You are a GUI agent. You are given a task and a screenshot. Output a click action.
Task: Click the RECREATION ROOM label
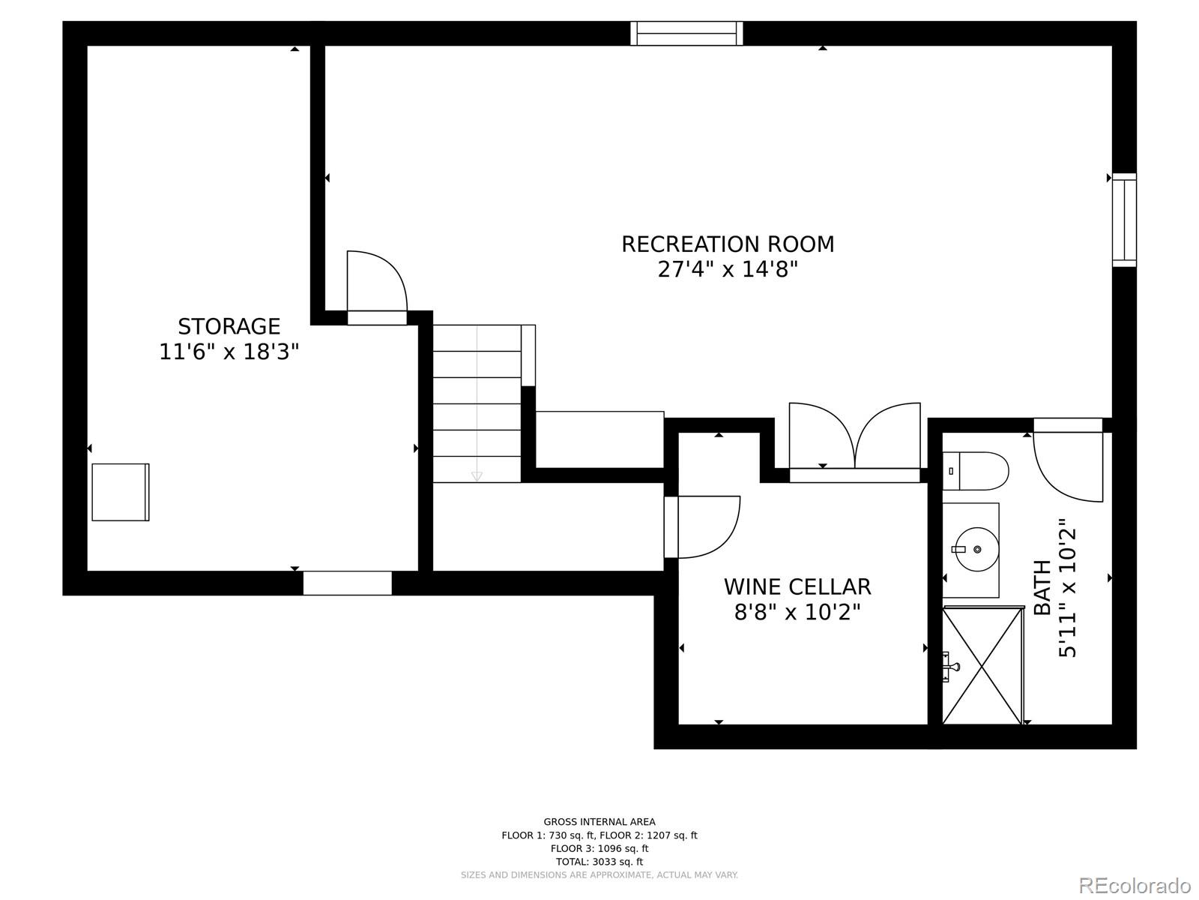(727, 244)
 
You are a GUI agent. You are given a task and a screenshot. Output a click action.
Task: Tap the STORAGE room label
(229, 326)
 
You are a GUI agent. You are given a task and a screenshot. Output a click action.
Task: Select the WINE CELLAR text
(797, 586)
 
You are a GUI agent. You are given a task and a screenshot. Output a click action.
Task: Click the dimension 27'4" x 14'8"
(727, 269)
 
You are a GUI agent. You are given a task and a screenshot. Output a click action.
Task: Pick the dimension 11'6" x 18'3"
(229, 351)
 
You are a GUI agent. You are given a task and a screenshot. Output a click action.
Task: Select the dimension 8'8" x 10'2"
(797, 613)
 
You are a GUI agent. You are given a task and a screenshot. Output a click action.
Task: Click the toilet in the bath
(975, 471)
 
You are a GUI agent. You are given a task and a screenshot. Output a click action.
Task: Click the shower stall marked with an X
(982, 666)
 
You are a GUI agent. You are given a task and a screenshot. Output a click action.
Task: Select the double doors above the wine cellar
(854, 442)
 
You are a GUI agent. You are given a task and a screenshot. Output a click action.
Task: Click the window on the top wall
(686, 34)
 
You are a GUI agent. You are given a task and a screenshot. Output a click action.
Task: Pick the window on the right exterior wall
(1123, 220)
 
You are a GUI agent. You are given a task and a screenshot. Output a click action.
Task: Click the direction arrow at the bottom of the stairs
(477, 476)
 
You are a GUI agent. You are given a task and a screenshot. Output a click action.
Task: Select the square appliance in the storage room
(121, 492)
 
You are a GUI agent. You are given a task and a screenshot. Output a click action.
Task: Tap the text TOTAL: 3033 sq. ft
(599, 862)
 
